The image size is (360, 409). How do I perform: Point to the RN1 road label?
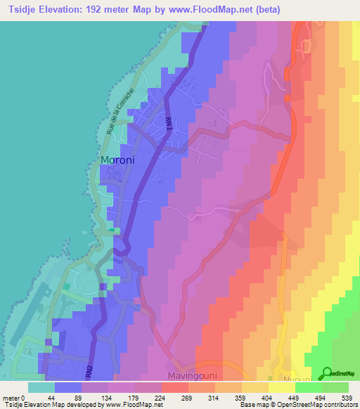[168, 123]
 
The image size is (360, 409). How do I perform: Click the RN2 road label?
[89, 370]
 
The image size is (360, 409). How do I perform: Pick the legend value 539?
[345, 398]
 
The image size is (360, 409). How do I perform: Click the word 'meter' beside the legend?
[12, 398]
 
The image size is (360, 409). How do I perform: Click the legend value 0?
[25, 398]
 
